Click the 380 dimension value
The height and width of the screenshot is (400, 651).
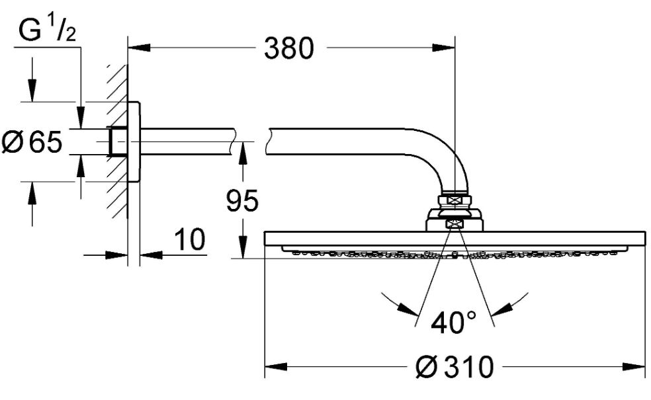click(288, 48)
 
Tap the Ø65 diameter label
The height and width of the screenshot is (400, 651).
click(32, 142)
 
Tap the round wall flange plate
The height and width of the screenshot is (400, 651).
click(134, 141)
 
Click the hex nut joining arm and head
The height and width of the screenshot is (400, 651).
click(455, 199)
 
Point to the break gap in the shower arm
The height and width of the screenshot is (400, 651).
click(251, 141)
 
